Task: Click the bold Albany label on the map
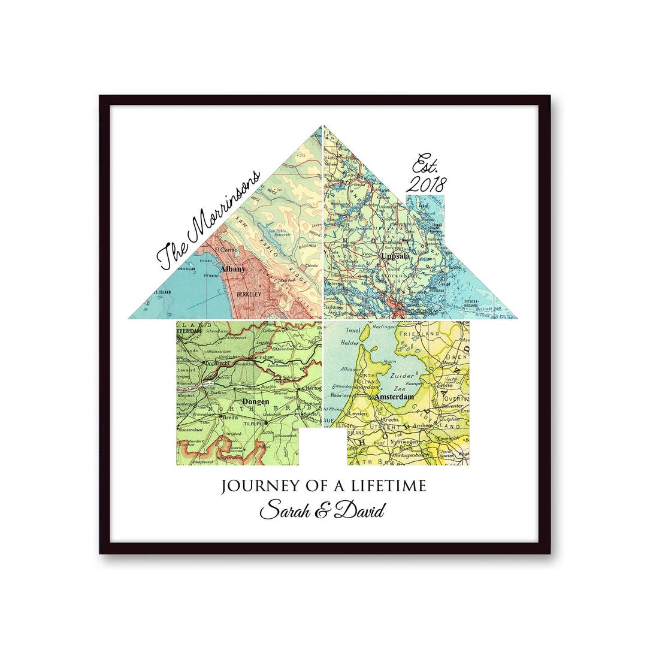coord(232,270)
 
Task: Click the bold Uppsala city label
coord(395,256)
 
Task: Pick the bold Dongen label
coord(256,402)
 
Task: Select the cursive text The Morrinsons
coord(208,219)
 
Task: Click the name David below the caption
coord(359,511)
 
